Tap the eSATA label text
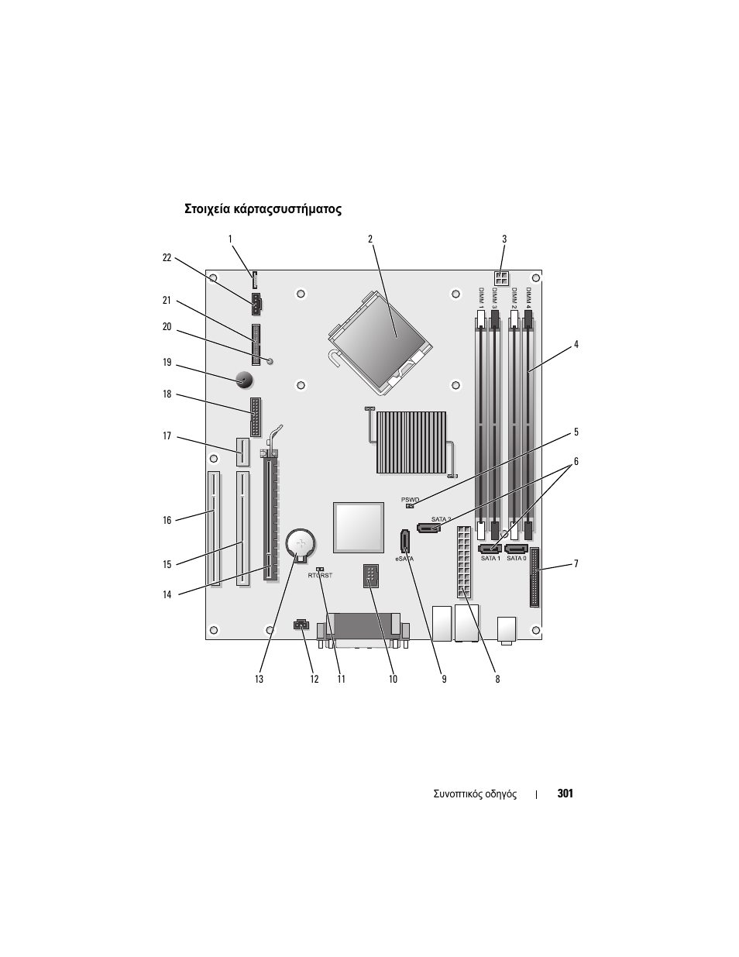click(404, 559)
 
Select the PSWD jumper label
click(410, 500)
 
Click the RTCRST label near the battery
click(320, 576)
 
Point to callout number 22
click(167, 258)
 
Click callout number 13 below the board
click(259, 679)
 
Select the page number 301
click(565, 793)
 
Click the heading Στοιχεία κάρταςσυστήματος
click(263, 209)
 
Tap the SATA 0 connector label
click(516, 559)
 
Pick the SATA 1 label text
click(490, 559)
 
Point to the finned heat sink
click(411, 442)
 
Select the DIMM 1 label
click(481, 298)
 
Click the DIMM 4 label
click(529, 298)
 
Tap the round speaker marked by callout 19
click(243, 380)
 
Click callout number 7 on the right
click(576, 563)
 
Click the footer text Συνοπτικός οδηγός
click(474, 794)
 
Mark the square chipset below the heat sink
click(359, 528)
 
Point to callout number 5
click(576, 432)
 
